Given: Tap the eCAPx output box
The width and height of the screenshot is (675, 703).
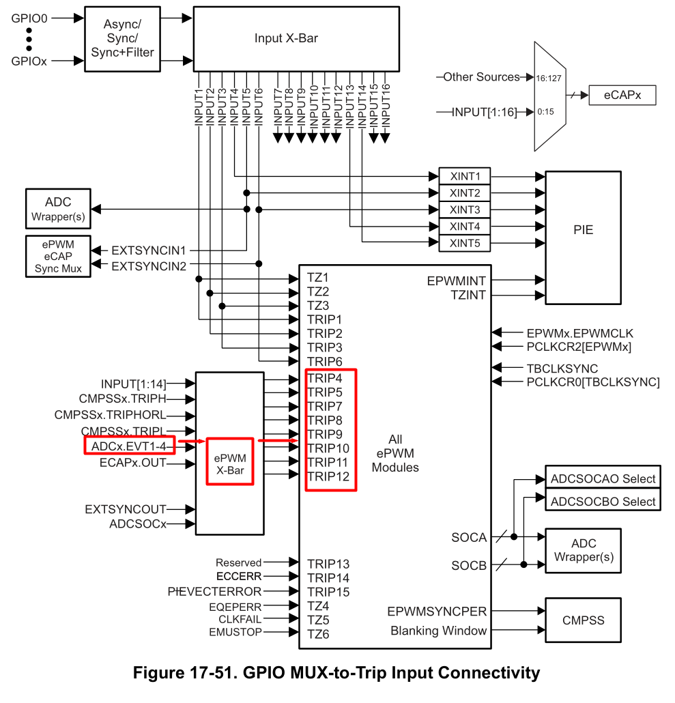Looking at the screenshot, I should (x=622, y=96).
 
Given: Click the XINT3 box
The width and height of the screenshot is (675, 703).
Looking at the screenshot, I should (x=465, y=210).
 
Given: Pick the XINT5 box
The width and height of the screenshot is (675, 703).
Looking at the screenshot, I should (x=465, y=243).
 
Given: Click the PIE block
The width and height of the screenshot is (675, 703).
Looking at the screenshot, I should (x=583, y=230).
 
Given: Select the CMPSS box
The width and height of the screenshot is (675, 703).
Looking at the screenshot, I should (x=583, y=620).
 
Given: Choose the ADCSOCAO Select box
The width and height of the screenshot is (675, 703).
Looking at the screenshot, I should (x=603, y=479).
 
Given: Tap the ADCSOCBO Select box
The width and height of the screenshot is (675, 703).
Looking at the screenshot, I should (x=603, y=502).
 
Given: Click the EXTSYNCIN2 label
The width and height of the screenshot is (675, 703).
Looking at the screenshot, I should (x=149, y=266).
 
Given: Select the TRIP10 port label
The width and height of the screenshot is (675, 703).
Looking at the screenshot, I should (x=328, y=448).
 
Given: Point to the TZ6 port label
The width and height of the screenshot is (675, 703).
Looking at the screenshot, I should (x=318, y=634).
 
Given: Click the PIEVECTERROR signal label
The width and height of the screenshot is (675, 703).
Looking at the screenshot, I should (x=214, y=592).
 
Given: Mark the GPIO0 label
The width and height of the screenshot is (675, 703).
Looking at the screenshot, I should (x=29, y=18).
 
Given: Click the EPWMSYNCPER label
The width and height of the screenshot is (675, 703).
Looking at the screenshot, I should (x=437, y=612).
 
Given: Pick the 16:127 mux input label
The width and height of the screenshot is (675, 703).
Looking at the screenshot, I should (x=549, y=78).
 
